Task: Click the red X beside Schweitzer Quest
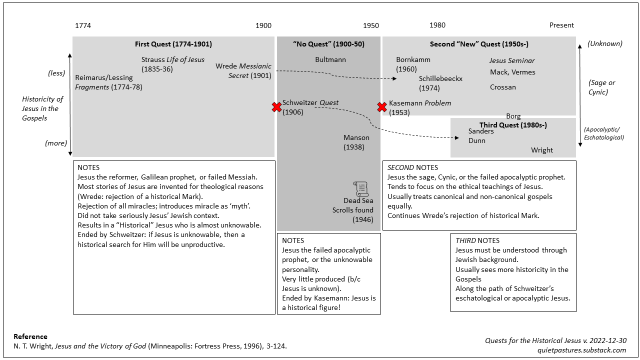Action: tap(276, 107)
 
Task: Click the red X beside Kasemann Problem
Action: tap(382, 107)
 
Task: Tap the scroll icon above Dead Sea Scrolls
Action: tap(360, 189)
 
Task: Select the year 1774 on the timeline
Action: tap(83, 25)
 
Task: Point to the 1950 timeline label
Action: tap(371, 25)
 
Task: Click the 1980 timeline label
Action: tap(437, 25)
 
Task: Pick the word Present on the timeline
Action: tap(561, 25)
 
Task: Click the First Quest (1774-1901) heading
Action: tap(173, 44)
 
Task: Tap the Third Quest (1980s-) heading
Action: tap(513, 125)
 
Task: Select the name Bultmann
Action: tap(330, 59)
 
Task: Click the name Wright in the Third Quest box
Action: tap(542, 150)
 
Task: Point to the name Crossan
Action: tap(503, 87)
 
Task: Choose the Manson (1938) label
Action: tap(356, 142)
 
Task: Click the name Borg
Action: tap(513, 116)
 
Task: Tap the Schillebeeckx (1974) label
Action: tap(440, 83)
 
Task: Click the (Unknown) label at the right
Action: tap(605, 43)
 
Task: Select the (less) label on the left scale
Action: tap(56, 73)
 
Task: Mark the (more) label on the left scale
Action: tap(56, 143)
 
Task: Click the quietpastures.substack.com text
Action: tap(581, 350)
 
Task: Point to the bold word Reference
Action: tap(30, 336)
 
